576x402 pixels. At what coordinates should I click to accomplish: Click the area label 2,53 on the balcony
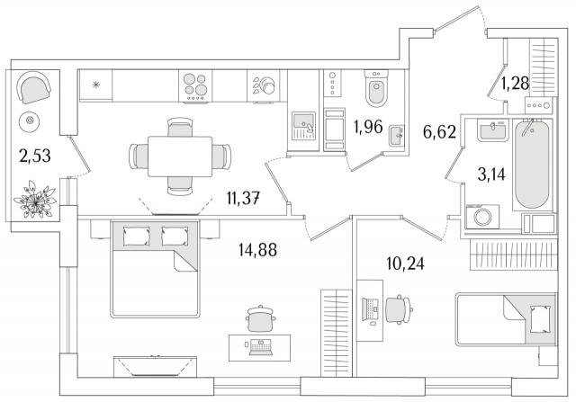35,156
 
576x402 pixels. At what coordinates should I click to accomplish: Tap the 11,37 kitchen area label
243,199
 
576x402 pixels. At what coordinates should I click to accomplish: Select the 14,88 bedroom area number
257,250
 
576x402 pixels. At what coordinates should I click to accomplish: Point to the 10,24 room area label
406,264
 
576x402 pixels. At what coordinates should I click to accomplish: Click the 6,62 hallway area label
439,132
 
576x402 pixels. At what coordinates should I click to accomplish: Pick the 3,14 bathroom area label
491,174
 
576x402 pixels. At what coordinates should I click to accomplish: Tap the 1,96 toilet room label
368,127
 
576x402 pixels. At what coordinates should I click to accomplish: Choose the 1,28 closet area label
515,84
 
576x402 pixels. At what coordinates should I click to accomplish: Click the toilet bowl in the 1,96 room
376,88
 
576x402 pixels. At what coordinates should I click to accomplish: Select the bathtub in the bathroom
532,165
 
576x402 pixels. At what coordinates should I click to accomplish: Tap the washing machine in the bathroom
482,217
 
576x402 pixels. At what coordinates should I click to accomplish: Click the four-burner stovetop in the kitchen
195,86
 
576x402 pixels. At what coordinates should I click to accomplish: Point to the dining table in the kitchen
180,156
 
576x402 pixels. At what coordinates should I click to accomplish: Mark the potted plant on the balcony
35,200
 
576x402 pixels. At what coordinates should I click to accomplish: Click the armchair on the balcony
34,87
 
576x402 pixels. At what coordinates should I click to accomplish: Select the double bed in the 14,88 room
155,269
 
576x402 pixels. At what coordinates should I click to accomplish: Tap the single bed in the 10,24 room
506,319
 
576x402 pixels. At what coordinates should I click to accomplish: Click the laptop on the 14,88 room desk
260,347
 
